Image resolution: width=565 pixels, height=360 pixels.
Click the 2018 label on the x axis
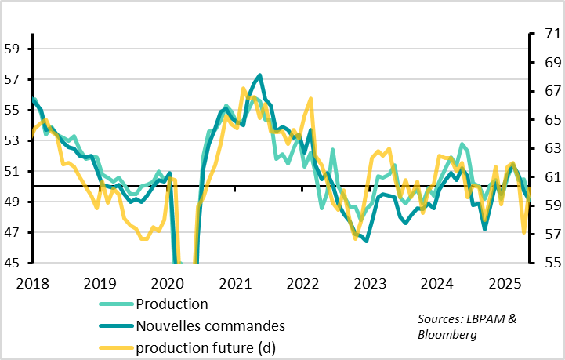32,282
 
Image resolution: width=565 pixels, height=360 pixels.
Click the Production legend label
172,304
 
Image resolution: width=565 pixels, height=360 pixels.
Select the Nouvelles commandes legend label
210,325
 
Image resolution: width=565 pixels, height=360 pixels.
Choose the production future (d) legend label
205,346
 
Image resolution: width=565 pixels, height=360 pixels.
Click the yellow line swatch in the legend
115,346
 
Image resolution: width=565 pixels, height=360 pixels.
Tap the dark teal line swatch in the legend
115,325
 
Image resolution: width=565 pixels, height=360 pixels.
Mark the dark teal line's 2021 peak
259,75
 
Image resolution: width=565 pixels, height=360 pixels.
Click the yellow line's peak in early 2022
311,99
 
